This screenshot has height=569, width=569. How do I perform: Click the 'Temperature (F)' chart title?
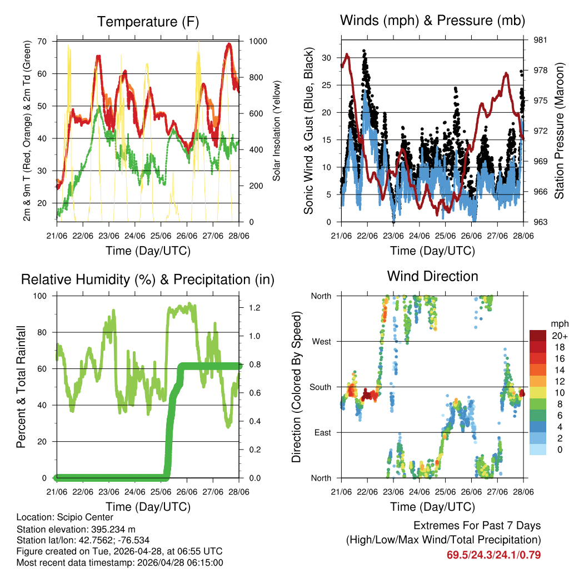coord(147,22)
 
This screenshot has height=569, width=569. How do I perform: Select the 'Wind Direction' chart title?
coord(432,276)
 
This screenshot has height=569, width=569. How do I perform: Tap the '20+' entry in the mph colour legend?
coord(558,336)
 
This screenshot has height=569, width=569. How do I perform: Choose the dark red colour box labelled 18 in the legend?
coord(538,346)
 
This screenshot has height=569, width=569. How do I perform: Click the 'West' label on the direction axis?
coord(321,341)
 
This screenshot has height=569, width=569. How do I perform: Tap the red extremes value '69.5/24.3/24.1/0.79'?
coord(494,555)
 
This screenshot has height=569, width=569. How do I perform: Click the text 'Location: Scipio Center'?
coord(65,517)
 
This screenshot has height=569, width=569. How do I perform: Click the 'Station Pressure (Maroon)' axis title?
coord(560,131)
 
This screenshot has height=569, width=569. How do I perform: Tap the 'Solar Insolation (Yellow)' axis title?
coord(276,131)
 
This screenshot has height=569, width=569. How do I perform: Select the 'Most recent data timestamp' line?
coord(119,562)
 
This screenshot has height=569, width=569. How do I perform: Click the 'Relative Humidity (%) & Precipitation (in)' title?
coord(147,279)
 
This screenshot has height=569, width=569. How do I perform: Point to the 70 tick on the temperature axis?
coord(42,41)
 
